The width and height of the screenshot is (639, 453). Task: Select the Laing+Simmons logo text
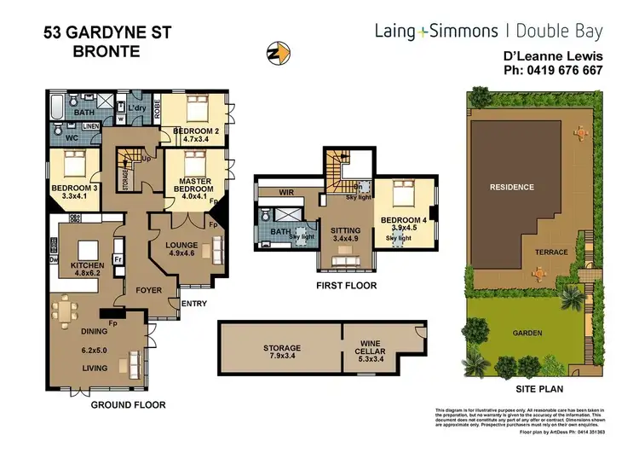click(436, 32)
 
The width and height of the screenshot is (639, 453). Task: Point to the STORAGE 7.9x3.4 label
click(281, 353)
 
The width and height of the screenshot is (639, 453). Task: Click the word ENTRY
click(194, 303)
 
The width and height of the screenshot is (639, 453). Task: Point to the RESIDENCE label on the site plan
click(511, 187)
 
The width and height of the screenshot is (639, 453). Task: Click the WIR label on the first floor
click(285, 193)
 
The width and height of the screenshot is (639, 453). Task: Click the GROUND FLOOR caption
click(128, 405)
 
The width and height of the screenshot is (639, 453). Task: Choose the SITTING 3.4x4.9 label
click(345, 235)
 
